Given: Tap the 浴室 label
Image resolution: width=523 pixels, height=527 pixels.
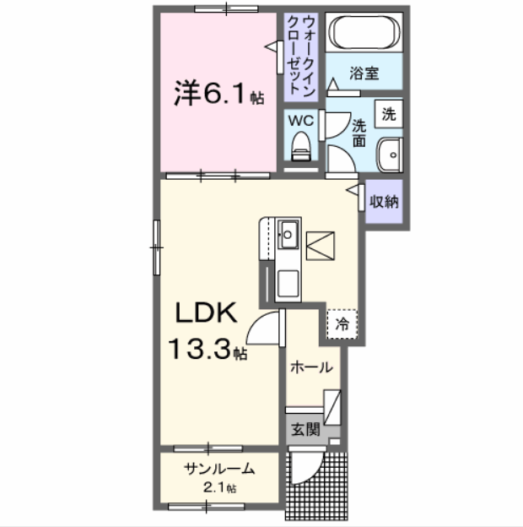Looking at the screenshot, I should (x=364, y=73).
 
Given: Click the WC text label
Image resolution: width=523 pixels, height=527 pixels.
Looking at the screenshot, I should (x=301, y=120).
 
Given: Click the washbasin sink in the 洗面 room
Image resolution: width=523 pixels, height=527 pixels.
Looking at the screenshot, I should (x=390, y=155).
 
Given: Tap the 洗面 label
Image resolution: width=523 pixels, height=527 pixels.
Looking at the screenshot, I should (x=359, y=131).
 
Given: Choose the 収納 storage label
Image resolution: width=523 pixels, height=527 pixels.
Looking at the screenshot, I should (x=385, y=202).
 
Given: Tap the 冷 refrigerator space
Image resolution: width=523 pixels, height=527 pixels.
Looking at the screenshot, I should (x=342, y=322).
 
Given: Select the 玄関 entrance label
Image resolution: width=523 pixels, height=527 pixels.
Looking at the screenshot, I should (x=305, y=429).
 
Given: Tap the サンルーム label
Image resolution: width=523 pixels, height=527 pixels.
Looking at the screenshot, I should (x=218, y=471).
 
